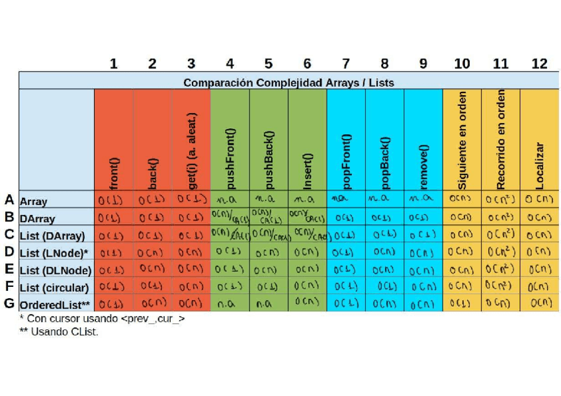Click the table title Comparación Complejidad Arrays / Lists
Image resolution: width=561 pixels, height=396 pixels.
click(288, 83)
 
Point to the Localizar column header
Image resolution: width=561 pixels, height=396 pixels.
click(540, 165)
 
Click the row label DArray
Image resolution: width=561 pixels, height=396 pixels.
click(38, 218)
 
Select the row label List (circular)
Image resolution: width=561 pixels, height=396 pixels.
click(54, 288)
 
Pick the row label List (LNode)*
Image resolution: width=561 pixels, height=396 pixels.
click(54, 253)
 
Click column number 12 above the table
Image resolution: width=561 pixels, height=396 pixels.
click(539, 63)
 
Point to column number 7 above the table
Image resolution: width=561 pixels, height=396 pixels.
click(346, 63)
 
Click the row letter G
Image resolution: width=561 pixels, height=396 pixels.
click(9, 303)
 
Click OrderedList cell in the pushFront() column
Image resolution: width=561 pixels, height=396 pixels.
click(229, 305)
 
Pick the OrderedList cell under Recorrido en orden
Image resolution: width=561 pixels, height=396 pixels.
click(500, 303)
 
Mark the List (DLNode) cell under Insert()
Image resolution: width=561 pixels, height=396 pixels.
click(307, 270)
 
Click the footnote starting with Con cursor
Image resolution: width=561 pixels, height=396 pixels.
click(103, 319)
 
